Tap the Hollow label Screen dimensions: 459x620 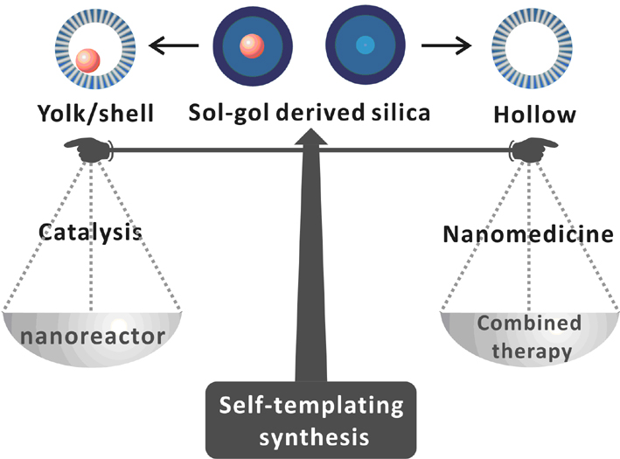point(523,115)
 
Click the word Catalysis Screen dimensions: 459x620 point(90,234)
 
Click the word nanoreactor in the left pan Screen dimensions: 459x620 point(91,335)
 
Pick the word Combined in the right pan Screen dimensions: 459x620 point(529,323)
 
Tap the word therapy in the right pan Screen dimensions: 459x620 point(529,351)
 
